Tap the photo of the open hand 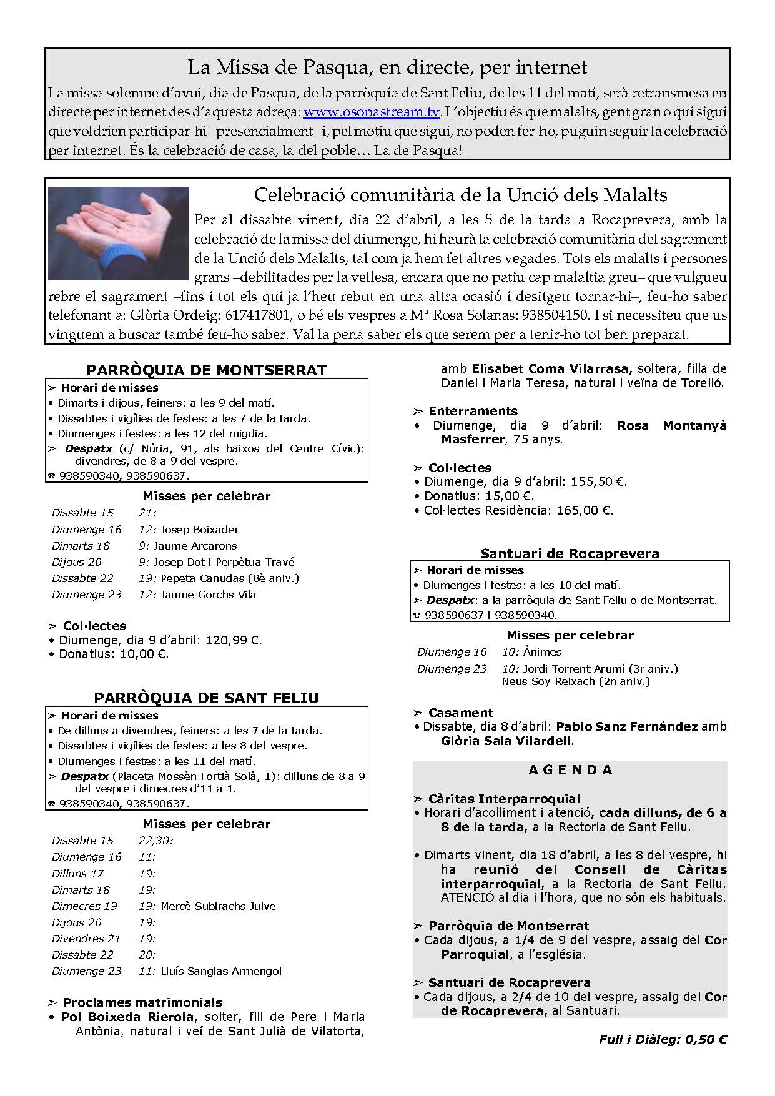(x=119, y=232)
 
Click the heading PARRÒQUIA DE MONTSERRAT (x=206, y=370)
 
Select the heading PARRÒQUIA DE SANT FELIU (x=206, y=698)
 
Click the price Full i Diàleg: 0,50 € (x=663, y=1040)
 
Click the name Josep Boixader (x=199, y=530)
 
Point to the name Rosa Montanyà (x=672, y=425)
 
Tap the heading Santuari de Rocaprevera (x=570, y=553)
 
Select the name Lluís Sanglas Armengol (x=221, y=971)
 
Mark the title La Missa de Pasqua (x=387, y=67)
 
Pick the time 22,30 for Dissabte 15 (x=155, y=841)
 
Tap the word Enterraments (x=473, y=411)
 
